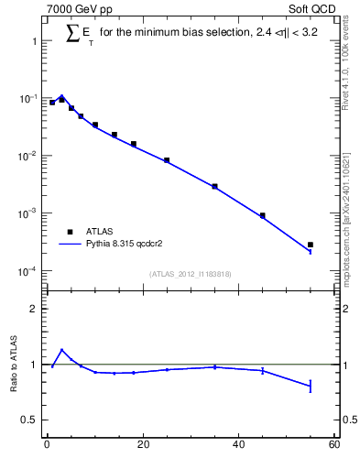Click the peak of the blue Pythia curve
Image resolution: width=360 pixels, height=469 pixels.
pos(61,95)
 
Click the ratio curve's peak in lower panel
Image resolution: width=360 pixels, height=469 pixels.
pos(61,349)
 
